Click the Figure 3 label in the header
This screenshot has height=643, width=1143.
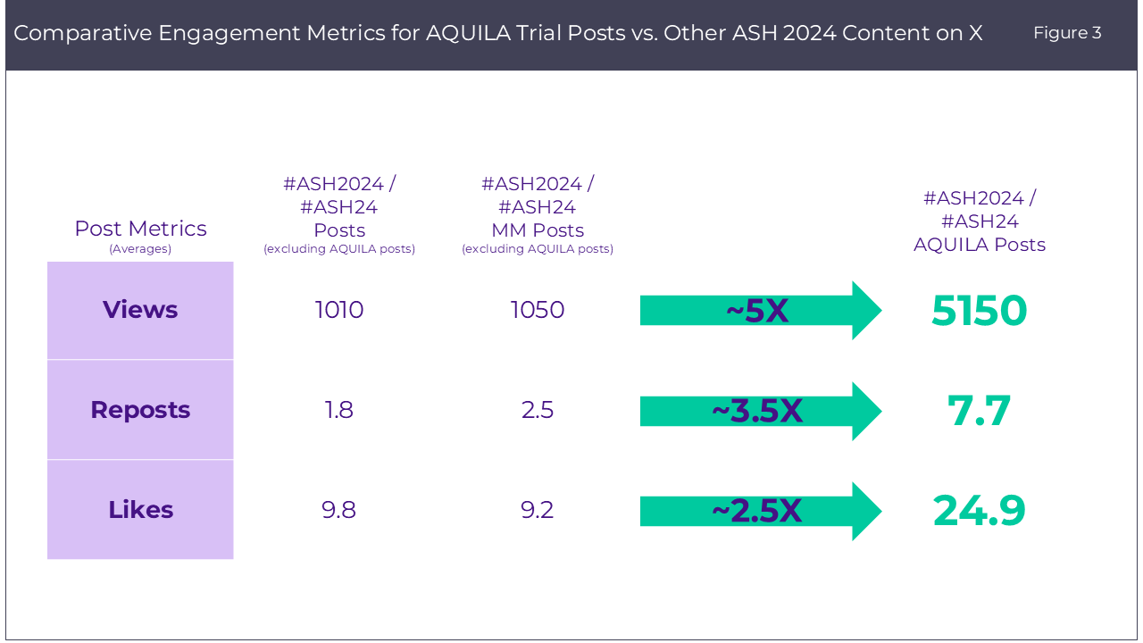(1067, 33)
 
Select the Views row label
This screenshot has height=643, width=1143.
(140, 310)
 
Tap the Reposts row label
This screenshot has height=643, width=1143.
(140, 410)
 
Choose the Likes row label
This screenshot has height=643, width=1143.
(140, 510)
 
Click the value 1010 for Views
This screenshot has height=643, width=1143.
(339, 310)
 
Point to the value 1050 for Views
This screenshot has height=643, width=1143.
(538, 310)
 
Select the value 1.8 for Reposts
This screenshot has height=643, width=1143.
(339, 410)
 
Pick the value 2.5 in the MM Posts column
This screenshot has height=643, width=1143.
(538, 410)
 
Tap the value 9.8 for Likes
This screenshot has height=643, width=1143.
(339, 510)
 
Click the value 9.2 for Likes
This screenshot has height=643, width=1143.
(538, 510)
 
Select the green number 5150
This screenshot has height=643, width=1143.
(979, 311)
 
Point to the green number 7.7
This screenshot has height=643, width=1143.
(979, 411)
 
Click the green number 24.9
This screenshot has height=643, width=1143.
(979, 511)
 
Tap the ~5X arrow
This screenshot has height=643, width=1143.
(759, 311)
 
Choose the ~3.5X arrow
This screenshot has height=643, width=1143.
(759, 411)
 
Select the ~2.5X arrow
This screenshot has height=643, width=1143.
(759, 511)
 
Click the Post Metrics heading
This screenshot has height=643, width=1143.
(140, 229)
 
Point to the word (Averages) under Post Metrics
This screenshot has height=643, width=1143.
(140, 249)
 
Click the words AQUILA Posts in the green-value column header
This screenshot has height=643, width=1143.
(979, 245)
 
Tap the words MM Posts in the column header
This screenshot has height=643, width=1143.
(538, 230)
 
